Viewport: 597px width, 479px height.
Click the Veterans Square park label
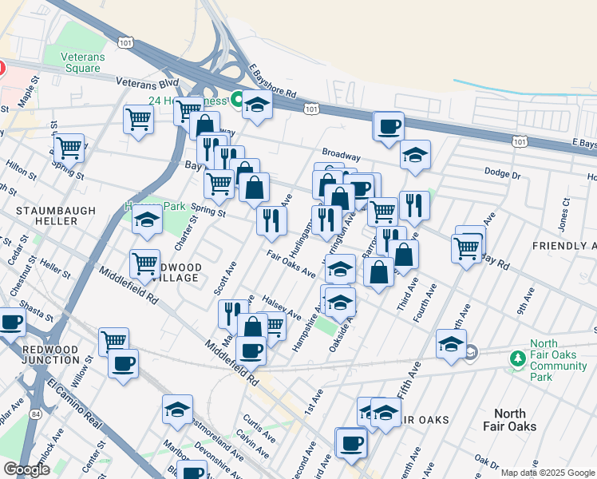point(82,62)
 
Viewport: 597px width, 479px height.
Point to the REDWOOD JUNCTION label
point(39,355)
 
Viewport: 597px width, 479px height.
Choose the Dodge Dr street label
point(503,172)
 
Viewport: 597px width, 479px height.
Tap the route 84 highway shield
point(36,414)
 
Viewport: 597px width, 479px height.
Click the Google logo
point(27,469)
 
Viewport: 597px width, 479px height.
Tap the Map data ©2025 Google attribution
point(548,473)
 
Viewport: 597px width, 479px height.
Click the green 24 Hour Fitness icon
point(237,100)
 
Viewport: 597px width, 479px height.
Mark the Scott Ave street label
point(226,280)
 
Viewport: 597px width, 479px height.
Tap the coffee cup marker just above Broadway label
point(389,126)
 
